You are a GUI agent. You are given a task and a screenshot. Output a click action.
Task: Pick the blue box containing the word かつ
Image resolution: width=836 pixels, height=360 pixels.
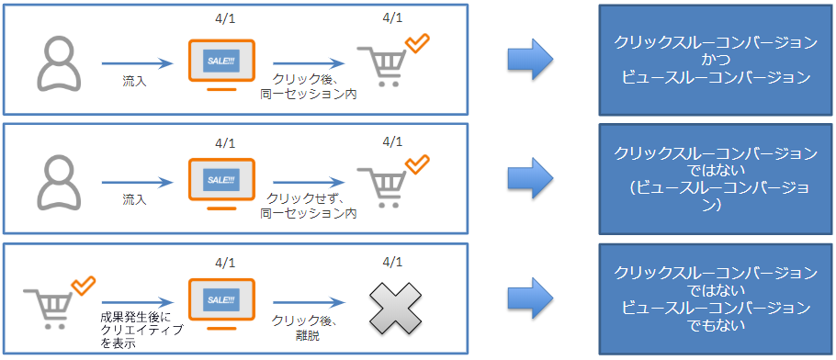pos(714,60)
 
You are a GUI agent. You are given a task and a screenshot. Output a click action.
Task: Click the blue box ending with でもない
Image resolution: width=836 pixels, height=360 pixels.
pos(714,298)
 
